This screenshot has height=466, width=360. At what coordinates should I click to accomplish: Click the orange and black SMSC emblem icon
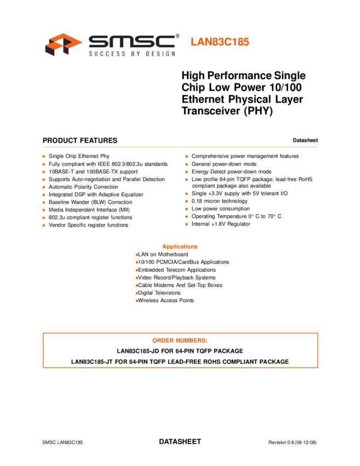point(62,44)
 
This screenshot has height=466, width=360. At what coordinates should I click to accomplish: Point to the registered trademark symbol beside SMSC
point(177,36)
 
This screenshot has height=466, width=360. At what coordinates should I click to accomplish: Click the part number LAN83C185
point(220,42)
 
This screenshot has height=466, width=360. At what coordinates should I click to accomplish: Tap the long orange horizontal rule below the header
point(180,147)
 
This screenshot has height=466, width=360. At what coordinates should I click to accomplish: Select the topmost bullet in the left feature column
point(44,157)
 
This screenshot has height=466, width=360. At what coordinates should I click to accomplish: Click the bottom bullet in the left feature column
point(44,225)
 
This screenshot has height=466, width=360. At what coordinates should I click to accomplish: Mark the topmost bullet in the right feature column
point(186,157)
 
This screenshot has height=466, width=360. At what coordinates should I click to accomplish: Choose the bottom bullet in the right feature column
point(186,224)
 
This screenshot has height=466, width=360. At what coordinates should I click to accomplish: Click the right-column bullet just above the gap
point(186,179)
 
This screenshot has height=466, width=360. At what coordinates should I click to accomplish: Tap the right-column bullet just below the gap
point(186,194)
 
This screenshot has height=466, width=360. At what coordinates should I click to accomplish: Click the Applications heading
point(180,247)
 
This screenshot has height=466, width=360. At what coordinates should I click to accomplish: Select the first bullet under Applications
point(137,255)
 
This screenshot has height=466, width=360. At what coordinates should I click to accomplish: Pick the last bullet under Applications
point(137,301)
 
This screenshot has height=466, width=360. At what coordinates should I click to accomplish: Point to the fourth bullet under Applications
point(137,278)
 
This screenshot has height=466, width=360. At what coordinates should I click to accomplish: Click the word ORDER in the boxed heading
point(163,341)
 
